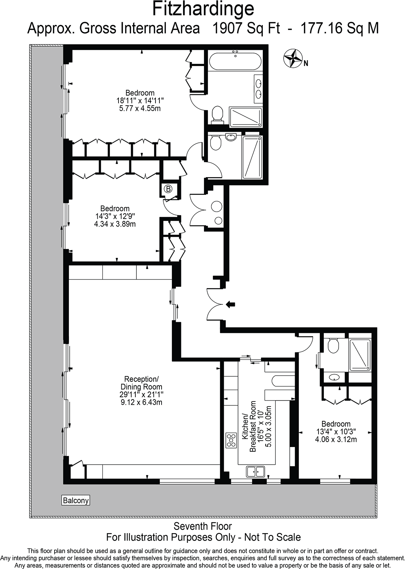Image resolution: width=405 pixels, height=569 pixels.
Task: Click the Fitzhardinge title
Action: (x=203, y=9)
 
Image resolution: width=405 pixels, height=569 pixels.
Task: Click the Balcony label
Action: (x=75, y=500)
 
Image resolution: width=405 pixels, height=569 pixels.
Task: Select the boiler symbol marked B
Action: (x=168, y=188)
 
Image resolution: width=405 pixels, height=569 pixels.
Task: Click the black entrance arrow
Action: (x=230, y=305)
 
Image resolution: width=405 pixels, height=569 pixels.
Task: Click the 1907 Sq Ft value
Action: (x=246, y=28)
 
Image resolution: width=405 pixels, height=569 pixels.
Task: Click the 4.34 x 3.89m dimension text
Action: (x=115, y=224)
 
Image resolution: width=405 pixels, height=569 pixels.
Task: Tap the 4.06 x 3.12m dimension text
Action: (x=336, y=439)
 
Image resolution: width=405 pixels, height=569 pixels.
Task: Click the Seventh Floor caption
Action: (x=203, y=526)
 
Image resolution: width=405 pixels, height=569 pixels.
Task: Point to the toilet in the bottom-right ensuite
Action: (x=334, y=346)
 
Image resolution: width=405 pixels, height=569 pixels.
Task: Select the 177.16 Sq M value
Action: (x=339, y=28)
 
